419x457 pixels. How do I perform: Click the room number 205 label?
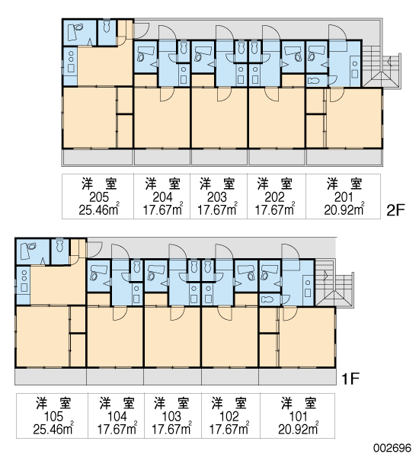coord(99,197)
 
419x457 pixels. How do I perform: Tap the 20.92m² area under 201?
coord(344,209)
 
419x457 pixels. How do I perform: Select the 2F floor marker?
coord(396,210)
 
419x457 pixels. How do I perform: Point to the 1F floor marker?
coord(350,379)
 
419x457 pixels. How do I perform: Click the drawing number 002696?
coord(393,448)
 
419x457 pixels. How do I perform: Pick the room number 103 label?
coord(171,417)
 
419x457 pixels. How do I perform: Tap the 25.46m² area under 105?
coord(53,429)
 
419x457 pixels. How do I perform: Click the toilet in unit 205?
coord(107,26)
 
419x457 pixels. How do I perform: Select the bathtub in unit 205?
coord(75,32)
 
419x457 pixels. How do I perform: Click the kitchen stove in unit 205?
coord(71,61)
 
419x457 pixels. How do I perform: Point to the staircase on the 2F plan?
coord(382,66)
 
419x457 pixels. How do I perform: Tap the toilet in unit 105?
coord(59,245)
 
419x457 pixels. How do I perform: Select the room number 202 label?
coord(274,197)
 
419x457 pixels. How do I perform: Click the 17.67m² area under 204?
coord(163,209)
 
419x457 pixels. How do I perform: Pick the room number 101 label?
coord(299,417)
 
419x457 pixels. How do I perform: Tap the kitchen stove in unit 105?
coord(24,280)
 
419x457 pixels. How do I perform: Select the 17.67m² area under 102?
coord(229,429)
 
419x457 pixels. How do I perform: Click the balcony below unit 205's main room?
coord(98,158)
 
